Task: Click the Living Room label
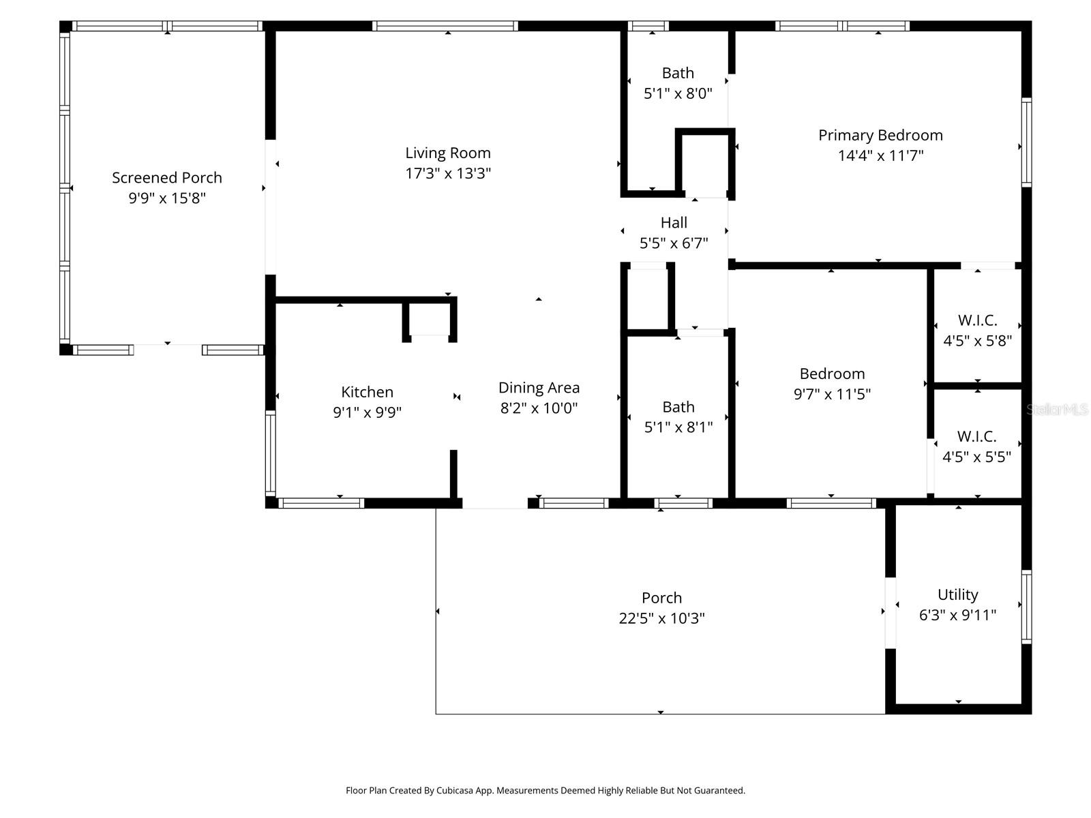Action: click(448, 153)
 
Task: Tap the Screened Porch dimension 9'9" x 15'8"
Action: click(167, 198)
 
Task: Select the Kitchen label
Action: click(367, 392)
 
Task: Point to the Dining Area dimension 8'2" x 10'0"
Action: click(539, 408)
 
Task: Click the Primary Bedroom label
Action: click(880, 136)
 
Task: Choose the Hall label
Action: click(674, 223)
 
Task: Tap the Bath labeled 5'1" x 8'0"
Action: click(678, 73)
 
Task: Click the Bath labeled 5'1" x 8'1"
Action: click(678, 407)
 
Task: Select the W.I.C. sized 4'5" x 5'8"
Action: click(977, 320)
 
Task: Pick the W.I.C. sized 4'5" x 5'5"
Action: click(976, 436)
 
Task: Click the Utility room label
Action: click(957, 594)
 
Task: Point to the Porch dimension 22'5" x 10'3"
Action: click(661, 618)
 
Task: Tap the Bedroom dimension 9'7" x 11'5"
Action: click(832, 394)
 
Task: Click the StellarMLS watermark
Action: click(1057, 409)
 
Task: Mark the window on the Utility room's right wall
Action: click(1026, 607)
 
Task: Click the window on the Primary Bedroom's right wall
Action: click(1026, 142)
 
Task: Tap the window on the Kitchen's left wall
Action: click(271, 453)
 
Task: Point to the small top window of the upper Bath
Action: click(648, 26)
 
